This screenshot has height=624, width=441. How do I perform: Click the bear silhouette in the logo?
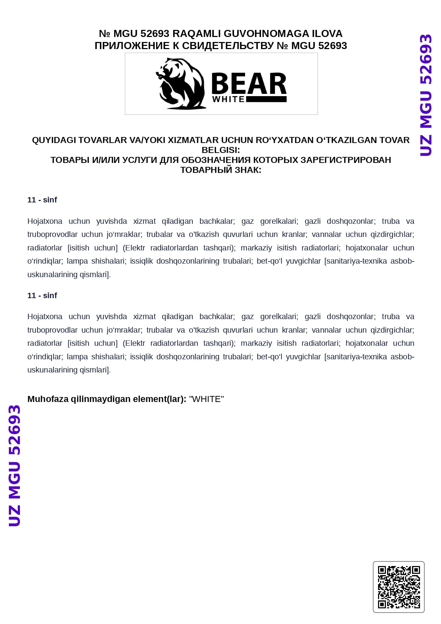pyautogui.click(x=181, y=84)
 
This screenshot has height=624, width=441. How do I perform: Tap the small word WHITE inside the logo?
pyautogui.click(x=228, y=100)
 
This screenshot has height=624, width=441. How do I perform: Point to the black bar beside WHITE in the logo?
pyautogui.click(x=266, y=100)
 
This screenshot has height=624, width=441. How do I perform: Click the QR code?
pyautogui.click(x=399, y=587)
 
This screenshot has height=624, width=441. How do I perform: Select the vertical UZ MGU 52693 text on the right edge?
pyautogui.click(x=426, y=95)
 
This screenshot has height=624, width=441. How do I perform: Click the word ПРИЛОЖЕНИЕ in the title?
pyautogui.click(x=132, y=46)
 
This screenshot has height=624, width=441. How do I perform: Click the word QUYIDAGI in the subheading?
pyautogui.click(x=54, y=140)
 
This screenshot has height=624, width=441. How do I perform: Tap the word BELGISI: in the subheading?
pyautogui.click(x=220, y=150)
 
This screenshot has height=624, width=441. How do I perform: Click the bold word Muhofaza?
pyautogui.click(x=48, y=399)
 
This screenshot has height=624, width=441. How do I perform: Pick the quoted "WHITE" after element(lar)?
pyautogui.click(x=206, y=399)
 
